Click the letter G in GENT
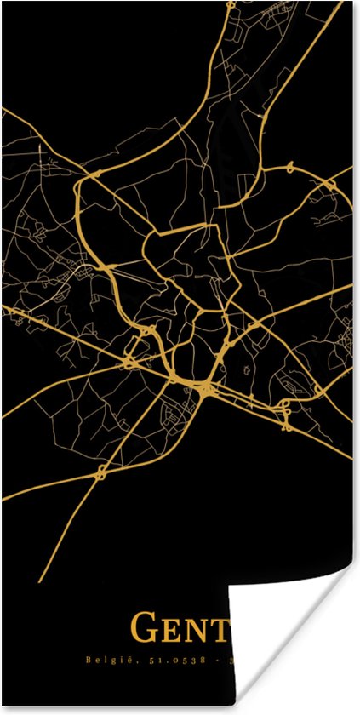click(144, 628)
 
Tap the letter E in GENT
click(172, 631)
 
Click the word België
click(106, 660)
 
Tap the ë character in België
click(121, 660)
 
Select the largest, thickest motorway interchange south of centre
click(207, 390)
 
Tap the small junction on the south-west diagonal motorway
click(101, 470)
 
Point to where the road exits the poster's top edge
click(230, 4)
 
